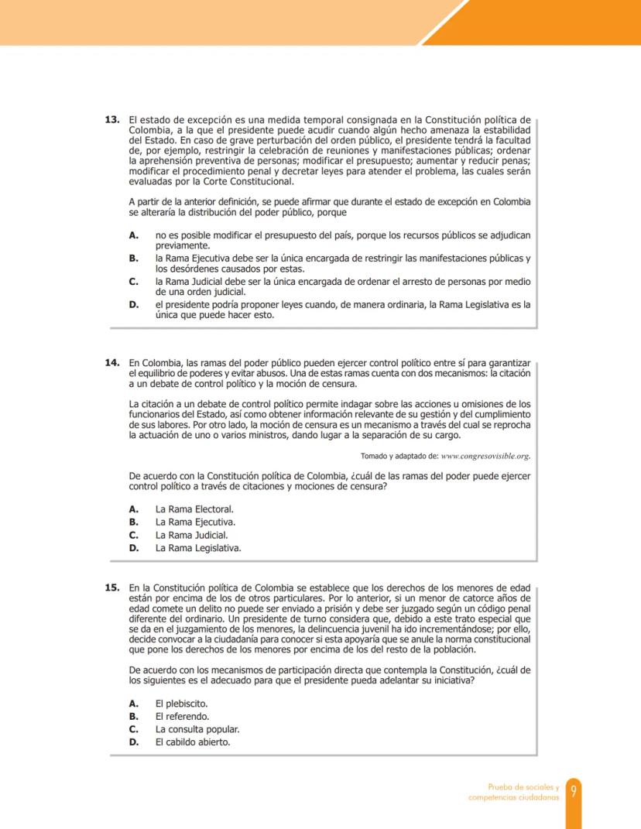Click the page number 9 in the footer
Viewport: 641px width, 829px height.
pos(574,791)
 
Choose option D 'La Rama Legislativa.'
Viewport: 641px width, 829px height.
pos(198,548)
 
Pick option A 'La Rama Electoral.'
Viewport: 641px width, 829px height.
pos(194,509)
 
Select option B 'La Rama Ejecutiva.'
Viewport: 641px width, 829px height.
pos(195,522)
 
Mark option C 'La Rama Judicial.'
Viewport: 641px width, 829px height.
pos(191,535)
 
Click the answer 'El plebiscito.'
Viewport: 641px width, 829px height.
pos(182,704)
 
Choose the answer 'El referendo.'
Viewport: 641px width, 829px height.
pos(183,716)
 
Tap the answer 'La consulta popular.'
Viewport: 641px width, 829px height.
pos(197,729)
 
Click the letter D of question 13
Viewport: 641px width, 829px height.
pos(134,305)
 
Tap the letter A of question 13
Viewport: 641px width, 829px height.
pos(134,234)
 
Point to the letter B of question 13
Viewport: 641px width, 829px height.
pos(134,257)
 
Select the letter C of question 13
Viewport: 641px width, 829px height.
pos(134,281)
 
